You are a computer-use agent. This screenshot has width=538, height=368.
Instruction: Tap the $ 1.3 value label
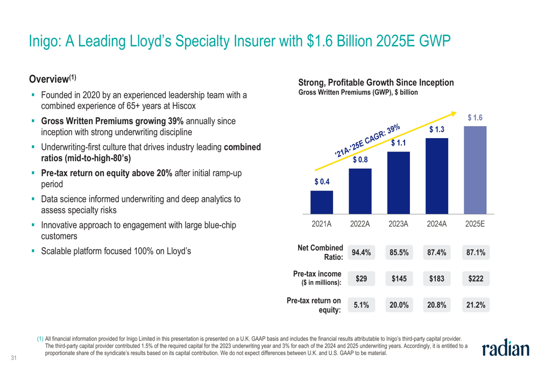(436, 131)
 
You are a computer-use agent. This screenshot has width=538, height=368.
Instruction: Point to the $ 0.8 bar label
(360, 160)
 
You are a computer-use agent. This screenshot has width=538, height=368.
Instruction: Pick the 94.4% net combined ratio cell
(360, 252)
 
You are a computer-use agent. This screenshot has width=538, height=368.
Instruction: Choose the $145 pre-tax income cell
(398, 279)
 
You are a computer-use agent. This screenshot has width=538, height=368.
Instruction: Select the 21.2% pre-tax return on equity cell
(475, 305)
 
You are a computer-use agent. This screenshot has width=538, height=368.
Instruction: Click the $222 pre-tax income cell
(475, 279)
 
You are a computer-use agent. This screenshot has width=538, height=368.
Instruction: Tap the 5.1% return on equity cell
(360, 305)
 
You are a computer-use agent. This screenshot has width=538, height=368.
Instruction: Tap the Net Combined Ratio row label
(321, 252)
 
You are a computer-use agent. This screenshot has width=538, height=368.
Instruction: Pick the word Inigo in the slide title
(45, 41)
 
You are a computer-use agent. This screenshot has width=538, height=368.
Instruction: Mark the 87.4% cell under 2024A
(436, 252)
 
